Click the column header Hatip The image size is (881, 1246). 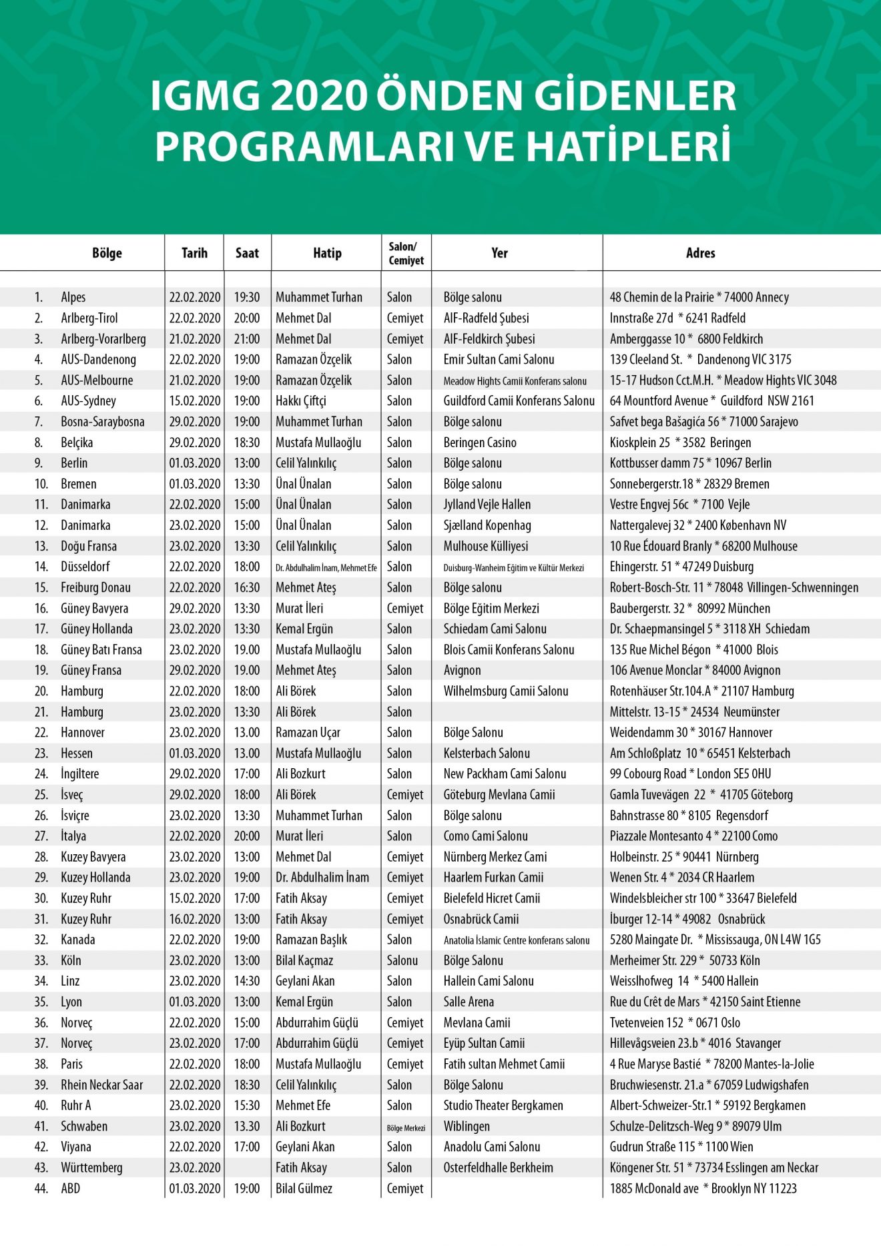[327, 254]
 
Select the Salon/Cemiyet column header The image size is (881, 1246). [406, 254]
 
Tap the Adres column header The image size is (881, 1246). [700, 254]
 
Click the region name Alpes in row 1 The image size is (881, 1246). [73, 298]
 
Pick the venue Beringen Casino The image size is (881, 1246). [480, 442]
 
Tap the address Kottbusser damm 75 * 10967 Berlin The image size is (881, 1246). [690, 463]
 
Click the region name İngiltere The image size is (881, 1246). [80, 774]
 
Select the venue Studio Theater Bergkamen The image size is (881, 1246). [503, 1105]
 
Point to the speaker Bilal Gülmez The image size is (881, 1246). [304, 1188]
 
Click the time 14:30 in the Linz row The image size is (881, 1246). [247, 981]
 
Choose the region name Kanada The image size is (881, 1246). [78, 940]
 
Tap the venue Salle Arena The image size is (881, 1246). [469, 1002]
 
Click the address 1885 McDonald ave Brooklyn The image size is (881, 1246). [703, 1188]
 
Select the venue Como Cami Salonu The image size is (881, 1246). [485, 836]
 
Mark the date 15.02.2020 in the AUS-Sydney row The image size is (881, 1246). [194, 401]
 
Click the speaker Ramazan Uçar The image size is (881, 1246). [308, 733]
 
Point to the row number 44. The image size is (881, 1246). [41, 1188]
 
